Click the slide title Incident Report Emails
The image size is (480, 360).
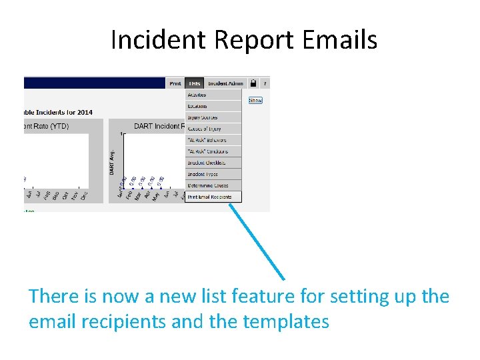point(243,40)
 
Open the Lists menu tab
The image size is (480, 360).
point(194,83)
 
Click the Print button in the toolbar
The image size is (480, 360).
point(175,83)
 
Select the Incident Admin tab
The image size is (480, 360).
point(225,83)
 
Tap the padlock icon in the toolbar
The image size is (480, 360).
point(253,83)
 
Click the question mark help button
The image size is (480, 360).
point(265,83)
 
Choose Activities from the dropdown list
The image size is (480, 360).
point(197,95)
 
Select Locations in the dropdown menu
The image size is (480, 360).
point(197,107)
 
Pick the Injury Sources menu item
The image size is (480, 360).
point(203,118)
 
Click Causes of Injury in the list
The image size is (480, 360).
point(204,129)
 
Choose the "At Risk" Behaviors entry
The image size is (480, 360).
point(207,140)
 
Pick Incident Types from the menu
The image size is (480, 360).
point(203,174)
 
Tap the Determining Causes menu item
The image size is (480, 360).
point(207,185)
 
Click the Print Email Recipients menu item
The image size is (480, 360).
point(209,197)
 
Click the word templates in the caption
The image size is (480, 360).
point(286,322)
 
